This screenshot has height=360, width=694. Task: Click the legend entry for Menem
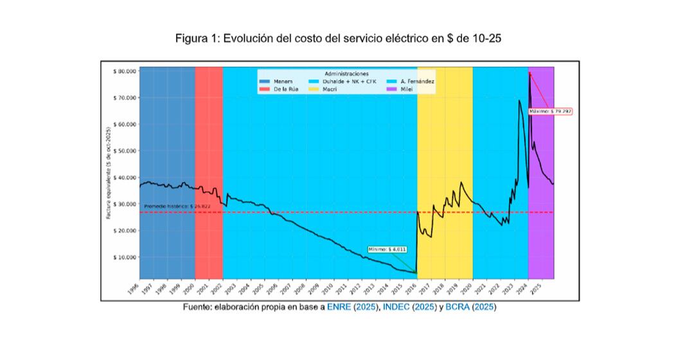coord(281,82)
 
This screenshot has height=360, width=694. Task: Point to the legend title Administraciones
coord(346,74)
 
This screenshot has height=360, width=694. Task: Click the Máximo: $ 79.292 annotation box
coord(550,111)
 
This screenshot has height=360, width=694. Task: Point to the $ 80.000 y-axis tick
coord(125,71)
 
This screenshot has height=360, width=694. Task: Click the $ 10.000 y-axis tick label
coord(125,257)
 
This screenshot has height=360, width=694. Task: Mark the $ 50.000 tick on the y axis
coord(125,151)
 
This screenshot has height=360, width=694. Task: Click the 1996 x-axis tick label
coord(133,289)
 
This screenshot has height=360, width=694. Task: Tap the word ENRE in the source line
coord(339,308)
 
